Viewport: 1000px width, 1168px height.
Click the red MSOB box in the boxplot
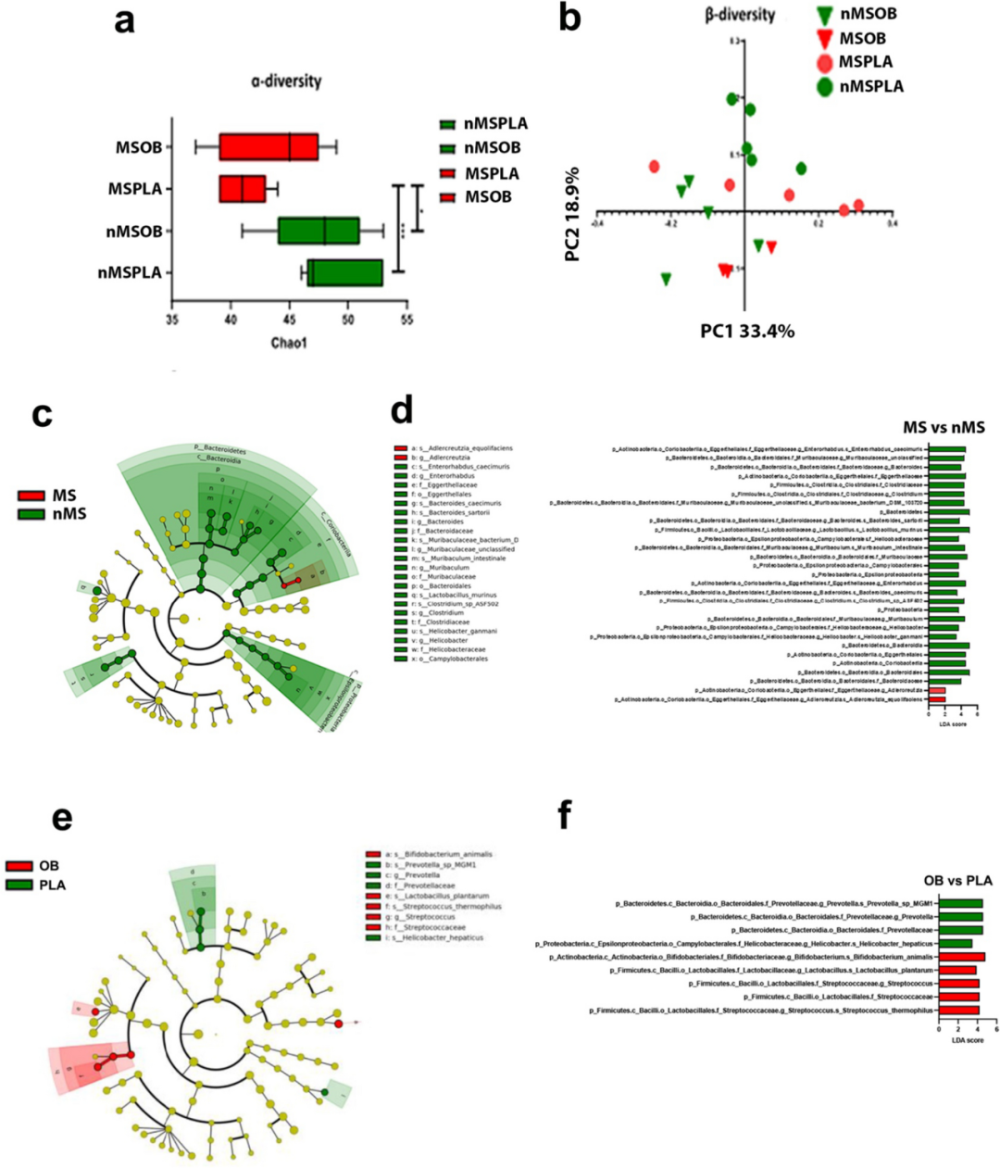pyautogui.click(x=269, y=146)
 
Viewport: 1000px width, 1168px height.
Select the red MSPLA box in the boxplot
pyautogui.click(x=243, y=189)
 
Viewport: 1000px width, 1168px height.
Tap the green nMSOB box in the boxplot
pyautogui.click(x=319, y=231)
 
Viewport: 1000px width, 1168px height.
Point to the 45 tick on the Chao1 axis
pyautogui.click(x=289, y=320)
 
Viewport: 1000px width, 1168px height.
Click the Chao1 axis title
pyautogui.click(x=289, y=343)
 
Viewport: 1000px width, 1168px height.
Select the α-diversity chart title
pyautogui.click(x=286, y=82)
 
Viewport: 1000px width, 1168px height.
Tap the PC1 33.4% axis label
pyautogui.click(x=746, y=330)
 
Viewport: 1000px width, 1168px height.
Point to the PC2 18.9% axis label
pyautogui.click(x=572, y=214)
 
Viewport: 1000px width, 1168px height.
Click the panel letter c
pyautogui.click(x=41, y=413)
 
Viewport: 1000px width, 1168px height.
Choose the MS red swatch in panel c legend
pyautogui.click(x=31, y=496)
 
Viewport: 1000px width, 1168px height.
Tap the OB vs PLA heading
pyautogui.click(x=957, y=880)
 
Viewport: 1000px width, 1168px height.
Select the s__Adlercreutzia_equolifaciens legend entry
pyautogui.click(x=453, y=448)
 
